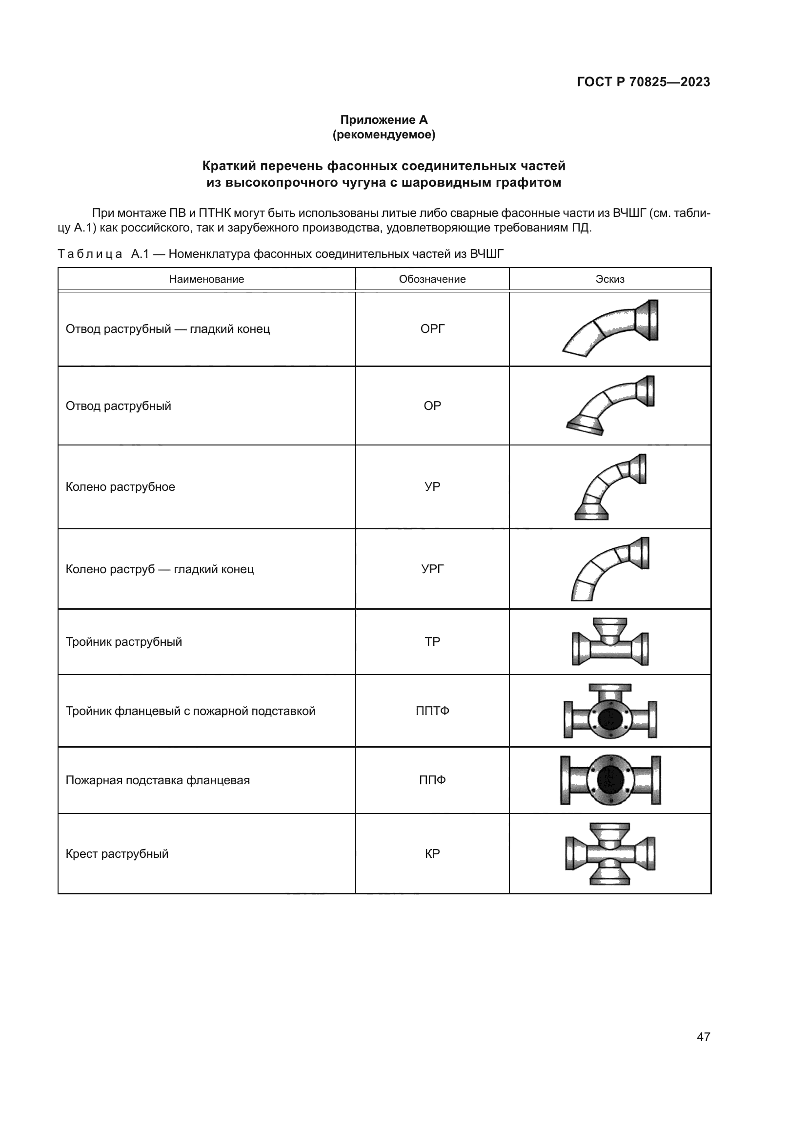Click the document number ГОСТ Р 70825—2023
click(x=643, y=82)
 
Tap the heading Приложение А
click(x=383, y=120)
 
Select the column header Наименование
click(x=206, y=279)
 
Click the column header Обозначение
click(x=432, y=279)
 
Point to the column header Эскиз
click(x=610, y=279)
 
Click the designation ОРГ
click(x=432, y=328)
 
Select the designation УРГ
click(x=432, y=569)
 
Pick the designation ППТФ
click(x=432, y=711)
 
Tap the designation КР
click(x=432, y=854)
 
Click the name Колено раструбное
click(x=120, y=486)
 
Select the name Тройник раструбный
click(x=124, y=641)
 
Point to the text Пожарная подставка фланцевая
click(x=158, y=780)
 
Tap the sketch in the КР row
click(x=610, y=854)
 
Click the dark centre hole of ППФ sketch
click(x=610, y=780)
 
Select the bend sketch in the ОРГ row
click(x=610, y=328)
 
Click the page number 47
click(x=703, y=1037)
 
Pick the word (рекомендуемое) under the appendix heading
click(x=383, y=135)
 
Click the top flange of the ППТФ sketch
click(x=610, y=688)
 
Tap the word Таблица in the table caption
click(x=90, y=254)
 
